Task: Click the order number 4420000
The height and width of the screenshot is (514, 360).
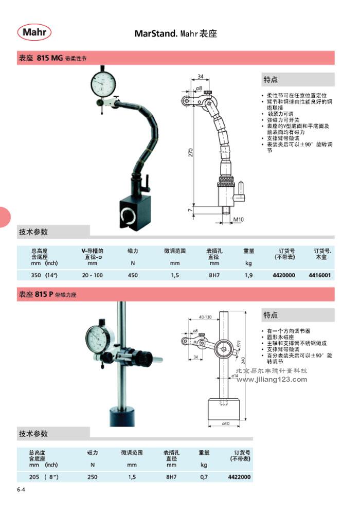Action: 283,275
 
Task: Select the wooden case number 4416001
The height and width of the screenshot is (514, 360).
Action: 319,275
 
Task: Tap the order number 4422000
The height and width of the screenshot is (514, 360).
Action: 240,477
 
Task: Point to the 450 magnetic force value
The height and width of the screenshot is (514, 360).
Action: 133,275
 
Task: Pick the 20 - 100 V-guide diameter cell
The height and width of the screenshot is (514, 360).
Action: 93,275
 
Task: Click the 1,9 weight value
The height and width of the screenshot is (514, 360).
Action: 249,275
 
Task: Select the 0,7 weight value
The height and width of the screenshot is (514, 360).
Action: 204,477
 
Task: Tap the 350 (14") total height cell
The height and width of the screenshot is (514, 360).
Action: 45,275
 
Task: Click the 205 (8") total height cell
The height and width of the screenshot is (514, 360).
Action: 44,477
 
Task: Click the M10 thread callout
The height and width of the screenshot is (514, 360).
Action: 238,220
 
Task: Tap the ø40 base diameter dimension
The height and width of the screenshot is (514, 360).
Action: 225,423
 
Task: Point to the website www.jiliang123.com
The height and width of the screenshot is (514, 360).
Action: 272,380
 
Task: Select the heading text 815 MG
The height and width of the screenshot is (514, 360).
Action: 49,58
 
